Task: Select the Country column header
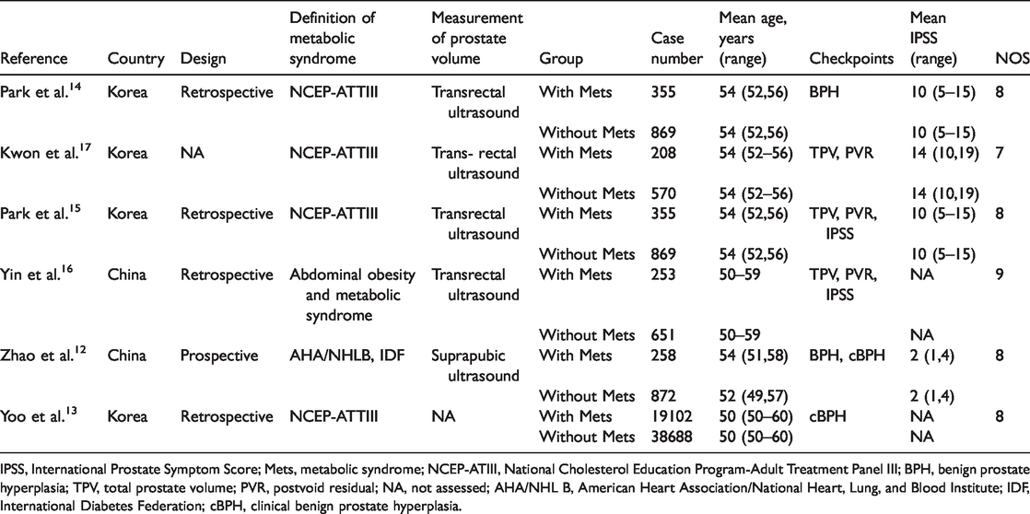(135, 59)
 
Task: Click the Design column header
(202, 59)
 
